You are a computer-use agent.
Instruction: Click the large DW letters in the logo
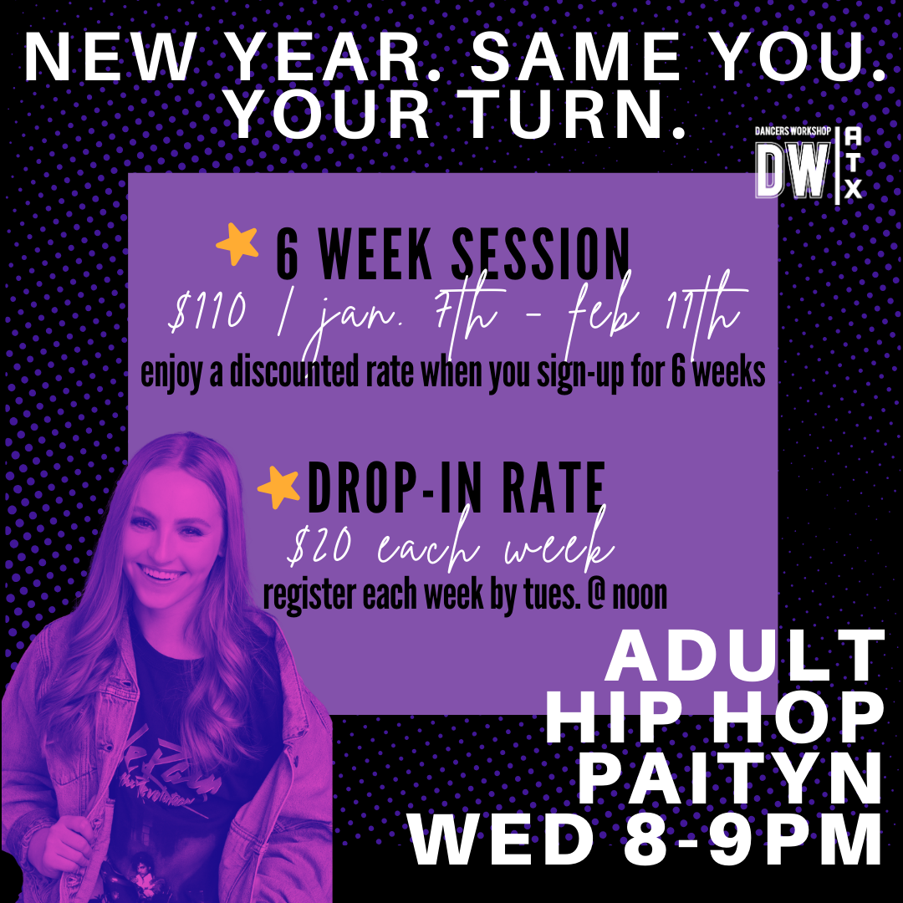pos(793,171)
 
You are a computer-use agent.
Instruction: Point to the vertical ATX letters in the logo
pos(853,164)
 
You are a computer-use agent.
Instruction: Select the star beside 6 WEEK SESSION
pos(237,244)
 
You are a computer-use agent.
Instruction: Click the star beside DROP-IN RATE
pos(278,487)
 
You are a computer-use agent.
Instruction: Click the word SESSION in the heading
pos(541,253)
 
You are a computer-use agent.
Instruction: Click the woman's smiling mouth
pos(162,574)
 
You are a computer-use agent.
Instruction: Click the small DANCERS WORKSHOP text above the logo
pos(793,132)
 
